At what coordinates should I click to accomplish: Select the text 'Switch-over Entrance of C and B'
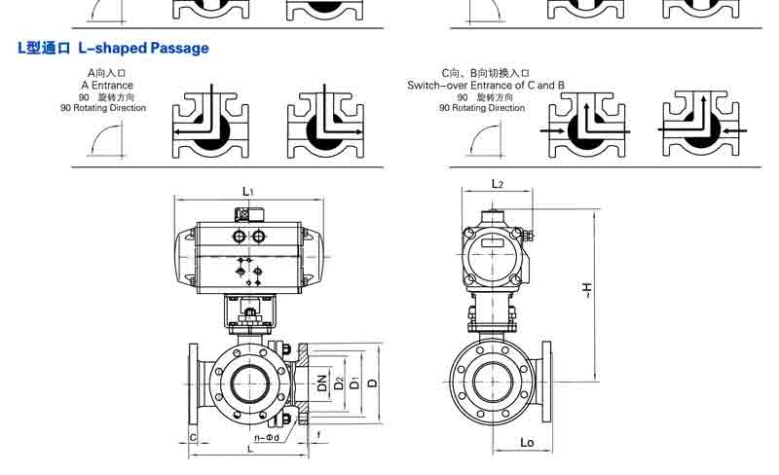[x=486, y=86]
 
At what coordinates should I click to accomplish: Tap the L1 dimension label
[x=248, y=193]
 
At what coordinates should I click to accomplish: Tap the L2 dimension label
[x=497, y=184]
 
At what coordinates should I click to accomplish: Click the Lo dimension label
[x=527, y=444]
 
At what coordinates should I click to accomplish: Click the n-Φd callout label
[x=261, y=438]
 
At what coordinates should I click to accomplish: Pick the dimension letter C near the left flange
[x=193, y=438]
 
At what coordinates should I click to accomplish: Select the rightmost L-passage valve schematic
[x=702, y=124]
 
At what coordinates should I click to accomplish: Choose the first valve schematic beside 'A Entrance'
[x=210, y=124]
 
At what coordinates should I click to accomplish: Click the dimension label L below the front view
[x=251, y=449]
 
